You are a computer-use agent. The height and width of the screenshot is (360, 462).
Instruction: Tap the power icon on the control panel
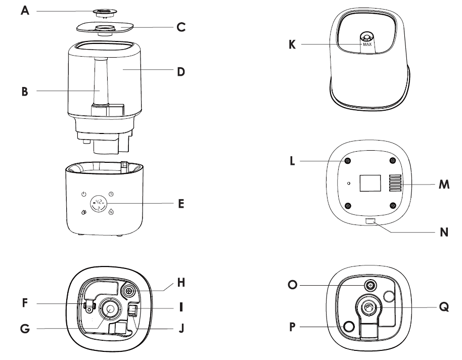point(84,194)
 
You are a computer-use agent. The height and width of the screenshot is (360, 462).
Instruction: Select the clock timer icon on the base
point(111,194)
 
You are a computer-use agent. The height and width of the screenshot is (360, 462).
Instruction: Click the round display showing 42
point(98,203)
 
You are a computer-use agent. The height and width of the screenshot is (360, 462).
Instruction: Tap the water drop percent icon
point(111,213)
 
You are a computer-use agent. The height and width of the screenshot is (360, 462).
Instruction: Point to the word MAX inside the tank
point(367,45)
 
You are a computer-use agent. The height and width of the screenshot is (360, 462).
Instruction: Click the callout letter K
point(292,44)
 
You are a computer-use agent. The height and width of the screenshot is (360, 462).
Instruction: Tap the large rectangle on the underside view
point(370,183)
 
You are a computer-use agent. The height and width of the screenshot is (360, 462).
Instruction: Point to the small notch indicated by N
point(370,221)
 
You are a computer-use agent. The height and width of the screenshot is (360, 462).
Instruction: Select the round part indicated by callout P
point(348,327)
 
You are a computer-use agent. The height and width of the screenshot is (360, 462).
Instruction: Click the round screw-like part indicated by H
point(128,291)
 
